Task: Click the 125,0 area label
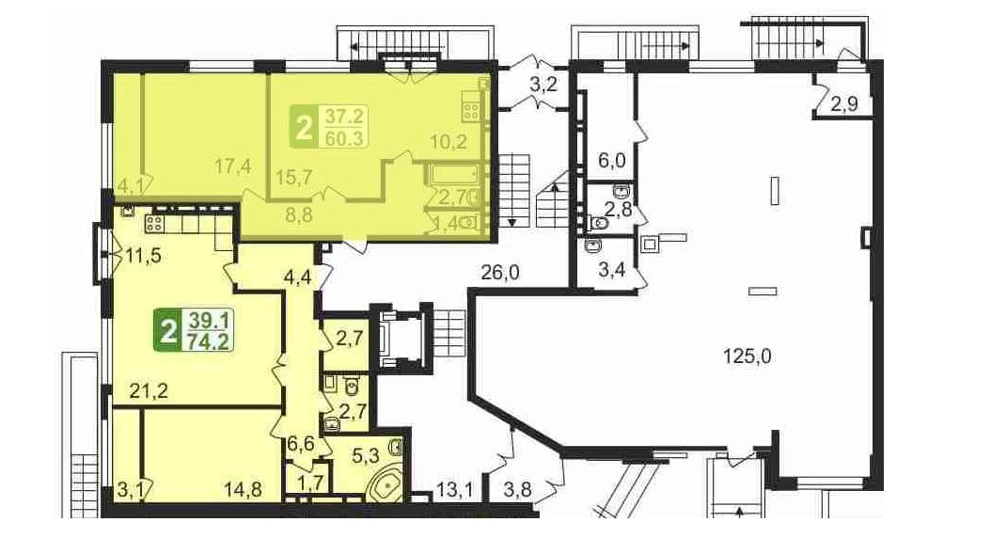pyautogui.click(x=747, y=356)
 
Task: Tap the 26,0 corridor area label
pyautogui.click(x=500, y=273)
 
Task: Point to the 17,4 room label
pyautogui.click(x=233, y=166)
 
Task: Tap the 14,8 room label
pyautogui.click(x=244, y=489)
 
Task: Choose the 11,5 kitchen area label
pyautogui.click(x=144, y=256)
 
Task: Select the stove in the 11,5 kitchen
pyautogui.click(x=155, y=223)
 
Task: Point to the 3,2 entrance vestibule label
pyautogui.click(x=543, y=85)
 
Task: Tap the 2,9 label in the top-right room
pyautogui.click(x=844, y=104)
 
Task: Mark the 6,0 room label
pyautogui.click(x=611, y=160)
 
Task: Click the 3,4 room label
pyautogui.click(x=611, y=271)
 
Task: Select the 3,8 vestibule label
pyautogui.click(x=518, y=489)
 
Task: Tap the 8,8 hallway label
pyautogui.click(x=298, y=215)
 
